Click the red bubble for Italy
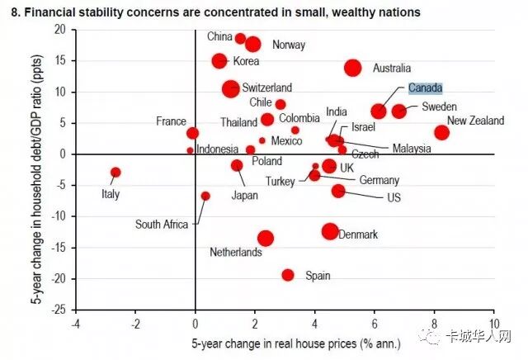click(115, 172)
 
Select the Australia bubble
click(352, 68)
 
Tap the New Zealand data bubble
click(441, 132)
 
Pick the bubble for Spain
click(288, 275)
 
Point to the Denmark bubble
click(330, 232)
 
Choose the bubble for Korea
click(219, 61)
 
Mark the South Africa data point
click(205, 196)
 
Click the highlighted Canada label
click(426, 88)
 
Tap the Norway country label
click(289, 45)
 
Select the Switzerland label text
click(266, 88)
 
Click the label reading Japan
click(244, 196)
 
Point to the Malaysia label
click(411, 149)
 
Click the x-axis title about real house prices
click(285, 341)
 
